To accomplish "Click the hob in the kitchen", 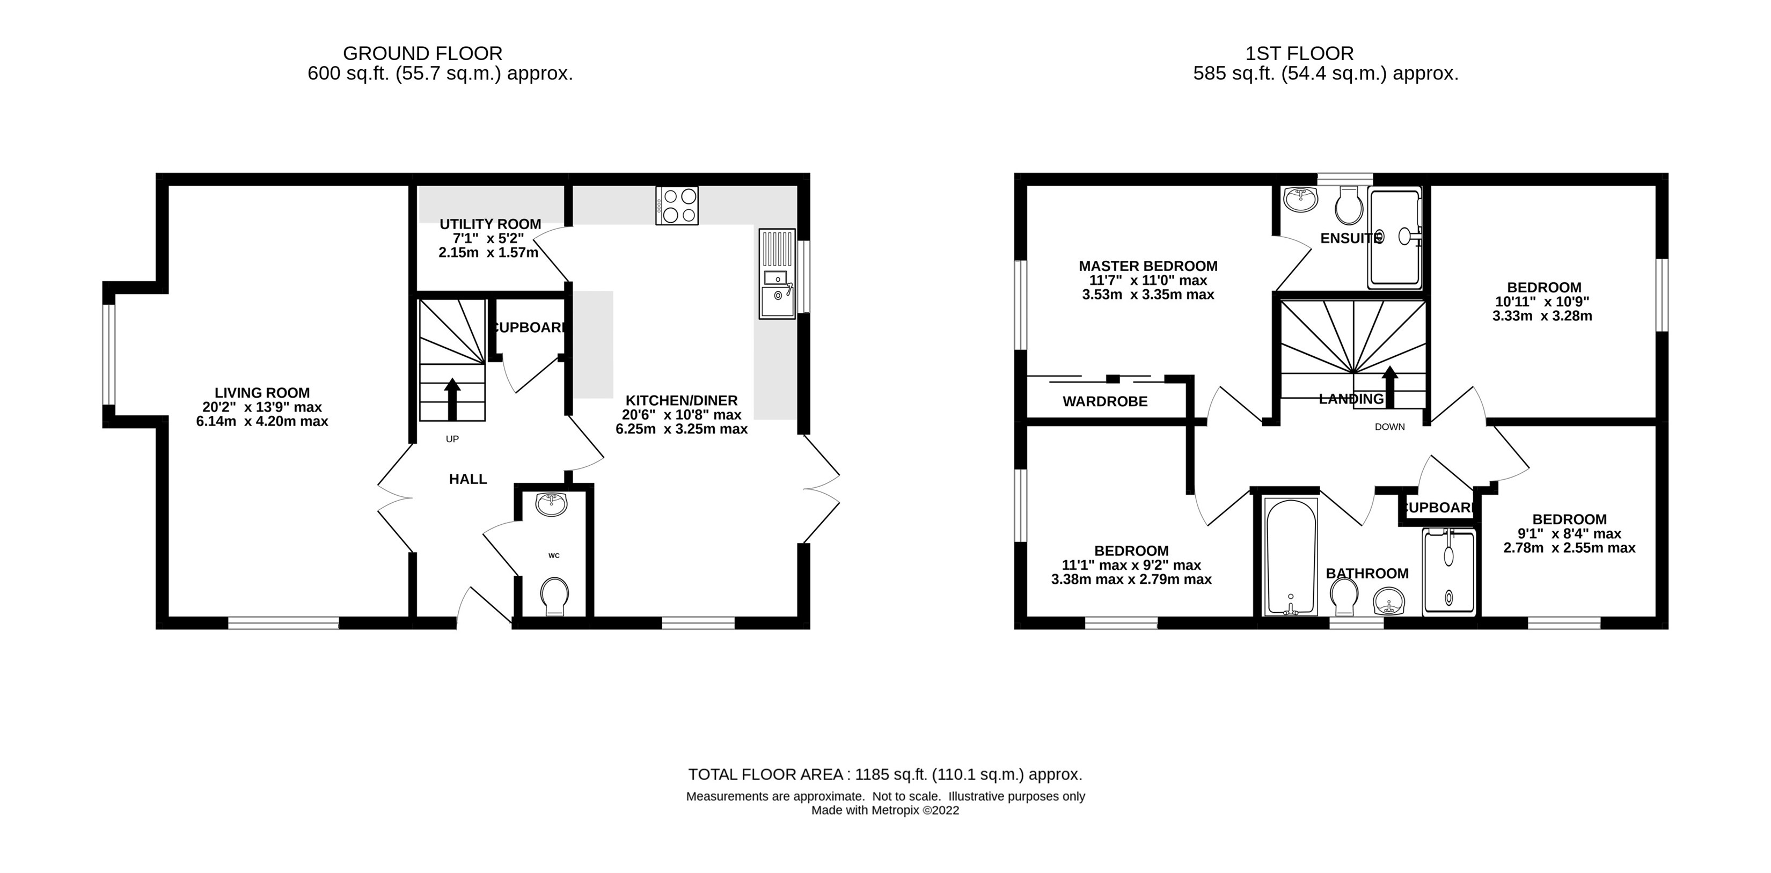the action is tap(677, 205).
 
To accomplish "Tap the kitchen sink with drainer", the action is tap(777, 274).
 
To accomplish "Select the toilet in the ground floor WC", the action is tap(554, 596).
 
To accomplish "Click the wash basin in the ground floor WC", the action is tap(552, 504).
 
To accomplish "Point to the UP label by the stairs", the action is tap(452, 438).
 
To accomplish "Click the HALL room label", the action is tap(467, 479).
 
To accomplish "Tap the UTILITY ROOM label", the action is tap(490, 224).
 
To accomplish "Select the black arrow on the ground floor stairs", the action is tap(452, 399).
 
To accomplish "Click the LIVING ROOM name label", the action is tap(262, 393).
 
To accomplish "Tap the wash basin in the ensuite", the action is tap(1300, 200).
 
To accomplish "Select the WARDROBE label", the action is tap(1105, 401).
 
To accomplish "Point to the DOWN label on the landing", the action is tap(1389, 427).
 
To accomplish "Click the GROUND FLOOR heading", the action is tap(423, 53).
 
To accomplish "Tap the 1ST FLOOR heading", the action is tap(1299, 53).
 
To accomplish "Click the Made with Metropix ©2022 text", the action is tap(885, 810).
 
